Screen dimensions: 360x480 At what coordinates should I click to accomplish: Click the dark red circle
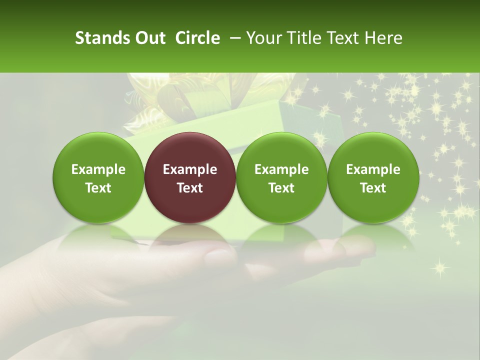[x=190, y=177]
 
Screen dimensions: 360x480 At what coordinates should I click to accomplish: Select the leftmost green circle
[x=98, y=177]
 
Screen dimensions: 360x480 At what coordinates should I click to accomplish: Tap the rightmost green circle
[x=373, y=177]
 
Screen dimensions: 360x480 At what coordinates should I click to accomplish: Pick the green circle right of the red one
[x=281, y=177]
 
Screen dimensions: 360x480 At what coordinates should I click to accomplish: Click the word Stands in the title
[x=102, y=38]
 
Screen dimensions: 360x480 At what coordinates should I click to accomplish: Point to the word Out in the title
[x=149, y=38]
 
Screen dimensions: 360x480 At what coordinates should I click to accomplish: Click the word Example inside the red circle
[x=190, y=169]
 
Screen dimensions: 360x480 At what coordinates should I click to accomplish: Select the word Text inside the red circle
[x=190, y=188]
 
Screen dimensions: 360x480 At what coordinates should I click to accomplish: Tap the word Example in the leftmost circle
[x=98, y=169]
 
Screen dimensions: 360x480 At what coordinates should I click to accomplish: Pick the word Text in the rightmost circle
[x=373, y=188]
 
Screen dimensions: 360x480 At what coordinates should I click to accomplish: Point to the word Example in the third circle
[x=281, y=169]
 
